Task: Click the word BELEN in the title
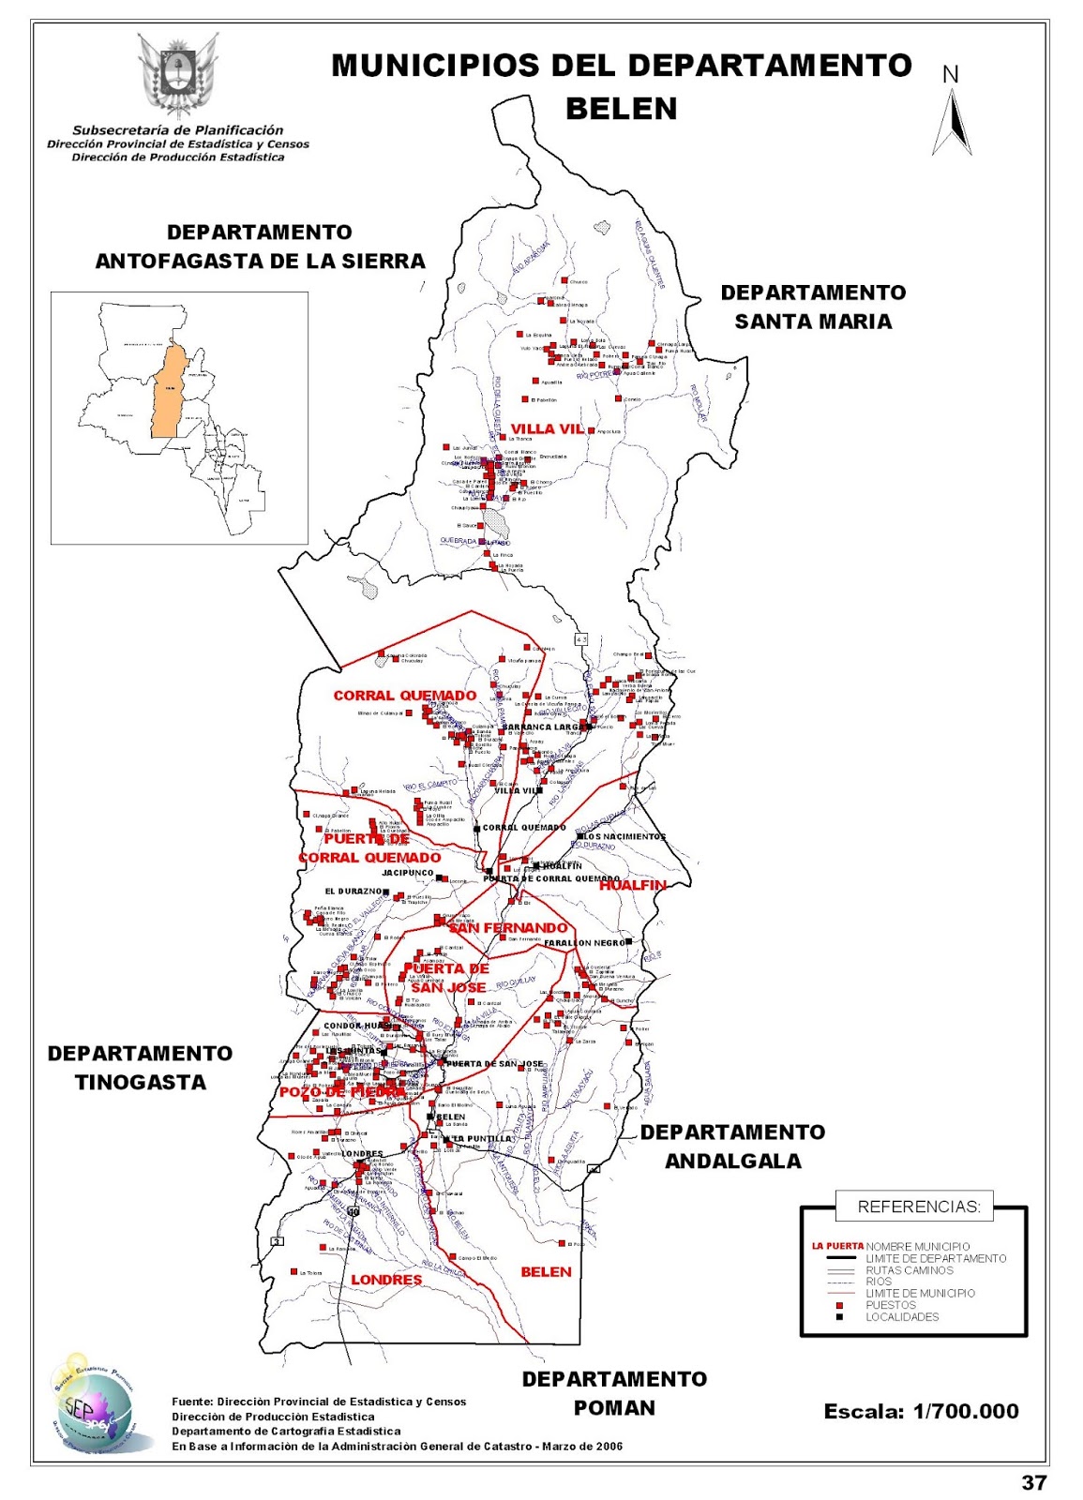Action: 621,109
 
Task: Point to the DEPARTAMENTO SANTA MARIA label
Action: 813,307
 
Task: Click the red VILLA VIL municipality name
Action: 547,428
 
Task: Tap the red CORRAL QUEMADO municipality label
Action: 405,696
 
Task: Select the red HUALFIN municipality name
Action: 632,885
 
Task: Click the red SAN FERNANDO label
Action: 507,928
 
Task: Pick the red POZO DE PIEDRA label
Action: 342,1092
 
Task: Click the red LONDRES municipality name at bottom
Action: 386,1280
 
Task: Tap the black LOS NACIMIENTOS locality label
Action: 624,836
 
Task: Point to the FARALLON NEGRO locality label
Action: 584,943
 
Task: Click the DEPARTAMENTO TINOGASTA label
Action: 140,1068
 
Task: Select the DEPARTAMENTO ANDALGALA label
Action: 732,1147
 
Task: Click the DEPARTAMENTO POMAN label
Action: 614,1393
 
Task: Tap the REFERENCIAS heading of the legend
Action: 919,1207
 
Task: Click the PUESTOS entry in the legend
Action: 890,1305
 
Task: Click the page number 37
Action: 1033,1482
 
